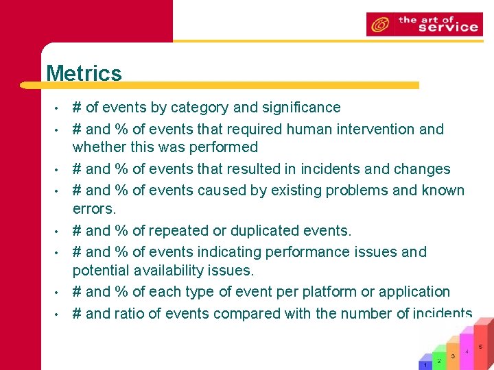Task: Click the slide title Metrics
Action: coord(84,73)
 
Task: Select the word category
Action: coord(200,108)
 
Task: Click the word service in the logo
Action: coord(447,27)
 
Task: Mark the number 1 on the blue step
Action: coord(425,365)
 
